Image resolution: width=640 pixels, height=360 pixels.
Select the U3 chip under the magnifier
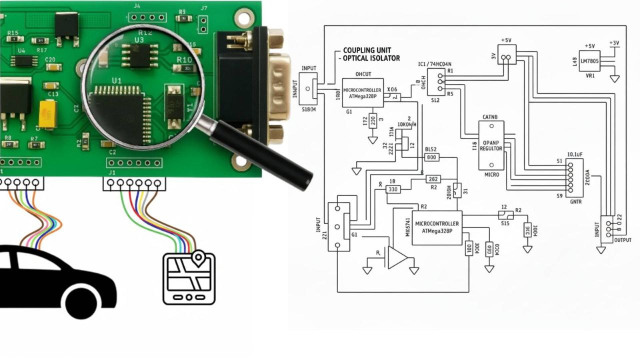[x=139, y=55]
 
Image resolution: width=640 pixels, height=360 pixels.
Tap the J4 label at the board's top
[x=137, y=6]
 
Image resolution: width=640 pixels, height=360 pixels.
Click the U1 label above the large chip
[x=116, y=80]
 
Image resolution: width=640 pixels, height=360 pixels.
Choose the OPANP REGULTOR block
[x=491, y=145]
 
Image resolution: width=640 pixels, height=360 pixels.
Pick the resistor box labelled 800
[x=431, y=157]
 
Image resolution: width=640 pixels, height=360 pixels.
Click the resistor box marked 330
[x=393, y=189]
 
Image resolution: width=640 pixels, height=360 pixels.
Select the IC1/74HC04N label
[x=434, y=64]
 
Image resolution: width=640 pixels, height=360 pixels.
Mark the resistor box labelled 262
[x=433, y=179]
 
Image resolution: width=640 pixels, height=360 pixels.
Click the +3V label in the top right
[x=614, y=43]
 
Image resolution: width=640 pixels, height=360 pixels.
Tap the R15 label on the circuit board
[x=13, y=33]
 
